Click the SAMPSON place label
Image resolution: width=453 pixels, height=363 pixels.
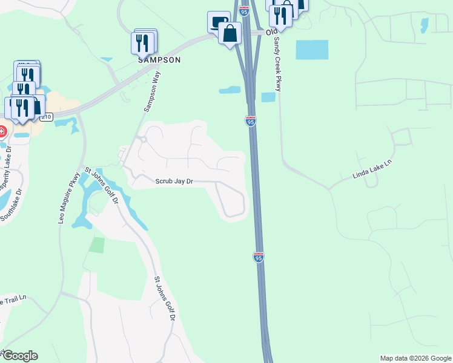(x=159, y=60)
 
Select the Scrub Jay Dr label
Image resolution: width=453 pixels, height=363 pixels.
(x=174, y=181)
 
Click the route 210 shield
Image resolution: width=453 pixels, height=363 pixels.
(x=48, y=116)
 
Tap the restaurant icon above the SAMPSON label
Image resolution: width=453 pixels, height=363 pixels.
(x=143, y=42)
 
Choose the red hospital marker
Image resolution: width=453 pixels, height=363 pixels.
(x=2, y=131)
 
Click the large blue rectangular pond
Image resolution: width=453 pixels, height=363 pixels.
(x=312, y=50)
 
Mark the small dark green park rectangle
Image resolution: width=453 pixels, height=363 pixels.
(x=97, y=245)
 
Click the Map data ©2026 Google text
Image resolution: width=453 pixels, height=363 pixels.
(x=415, y=358)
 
